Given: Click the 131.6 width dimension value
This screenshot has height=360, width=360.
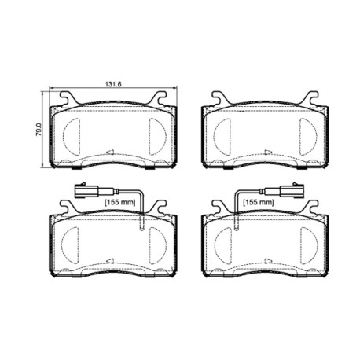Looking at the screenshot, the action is point(113,84).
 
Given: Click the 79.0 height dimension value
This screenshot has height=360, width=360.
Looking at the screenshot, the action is point(39,130).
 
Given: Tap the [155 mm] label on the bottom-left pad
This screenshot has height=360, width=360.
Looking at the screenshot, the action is point(120,202).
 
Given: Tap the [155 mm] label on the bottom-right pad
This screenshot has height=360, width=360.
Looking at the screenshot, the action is point(259,202).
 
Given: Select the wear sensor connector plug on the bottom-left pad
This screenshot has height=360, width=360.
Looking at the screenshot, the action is point(86,190).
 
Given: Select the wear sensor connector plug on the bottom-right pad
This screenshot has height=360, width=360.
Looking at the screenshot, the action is point(292,190).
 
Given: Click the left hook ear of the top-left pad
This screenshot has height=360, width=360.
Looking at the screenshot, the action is point(68,98).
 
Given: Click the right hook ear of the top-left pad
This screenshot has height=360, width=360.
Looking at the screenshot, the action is point(159,98).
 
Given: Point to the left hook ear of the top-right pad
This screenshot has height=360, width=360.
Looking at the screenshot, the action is point(219,98).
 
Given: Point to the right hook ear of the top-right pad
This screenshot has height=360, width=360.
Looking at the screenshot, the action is point(310,98).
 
